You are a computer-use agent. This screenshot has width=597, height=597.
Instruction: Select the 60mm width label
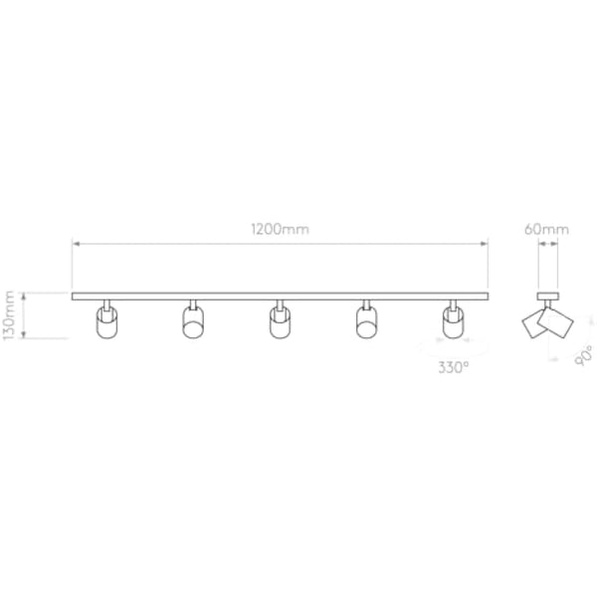[x=547, y=228]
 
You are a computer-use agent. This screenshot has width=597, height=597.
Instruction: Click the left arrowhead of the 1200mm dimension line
[x=75, y=242]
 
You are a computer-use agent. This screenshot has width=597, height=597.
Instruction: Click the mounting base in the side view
[x=547, y=296]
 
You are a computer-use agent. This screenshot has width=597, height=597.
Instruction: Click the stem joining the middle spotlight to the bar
[x=280, y=303]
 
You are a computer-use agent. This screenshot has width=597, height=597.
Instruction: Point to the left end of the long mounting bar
[x=74, y=296]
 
